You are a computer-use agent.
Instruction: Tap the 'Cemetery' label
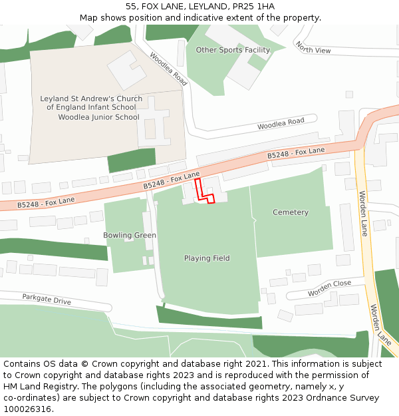click(x=291, y=212)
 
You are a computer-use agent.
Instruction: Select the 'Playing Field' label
click(x=207, y=258)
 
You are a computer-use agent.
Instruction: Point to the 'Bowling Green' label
click(x=130, y=236)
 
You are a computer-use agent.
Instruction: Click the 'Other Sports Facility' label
click(x=233, y=50)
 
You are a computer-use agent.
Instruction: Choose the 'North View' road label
click(x=313, y=48)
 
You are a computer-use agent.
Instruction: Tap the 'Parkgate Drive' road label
click(x=47, y=300)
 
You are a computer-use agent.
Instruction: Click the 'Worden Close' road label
click(x=329, y=288)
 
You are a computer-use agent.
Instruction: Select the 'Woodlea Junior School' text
click(x=98, y=117)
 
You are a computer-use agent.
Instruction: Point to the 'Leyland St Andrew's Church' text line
click(x=91, y=99)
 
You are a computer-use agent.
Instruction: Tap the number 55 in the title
click(x=131, y=6)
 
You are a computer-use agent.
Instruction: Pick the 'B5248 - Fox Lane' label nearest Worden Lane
click(x=296, y=153)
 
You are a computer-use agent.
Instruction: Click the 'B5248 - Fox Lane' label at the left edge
click(x=46, y=201)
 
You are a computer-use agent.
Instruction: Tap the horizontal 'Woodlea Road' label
click(x=281, y=124)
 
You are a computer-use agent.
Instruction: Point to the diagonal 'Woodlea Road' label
click(x=169, y=69)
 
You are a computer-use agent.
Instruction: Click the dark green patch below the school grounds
click(x=131, y=160)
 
